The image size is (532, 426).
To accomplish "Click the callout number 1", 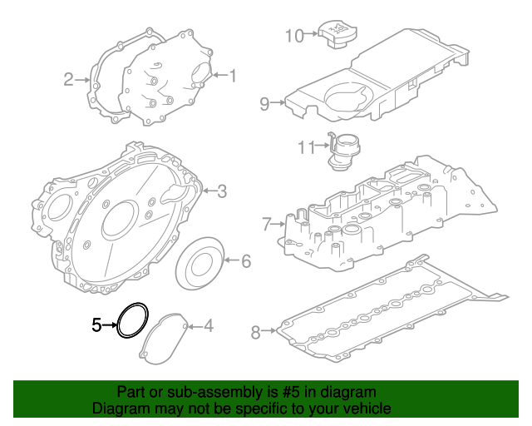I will pos(233,77).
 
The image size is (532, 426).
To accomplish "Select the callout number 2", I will pos(69,80).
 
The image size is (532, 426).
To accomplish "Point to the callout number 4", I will pos(209,325).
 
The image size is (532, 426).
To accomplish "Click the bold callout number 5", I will pos(96,324).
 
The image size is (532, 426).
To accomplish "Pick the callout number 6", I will pos(245,261).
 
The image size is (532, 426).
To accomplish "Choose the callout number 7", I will pos(266,224).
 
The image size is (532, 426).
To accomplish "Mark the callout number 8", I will pos(256,333).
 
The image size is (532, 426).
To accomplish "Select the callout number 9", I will pos(264,104).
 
